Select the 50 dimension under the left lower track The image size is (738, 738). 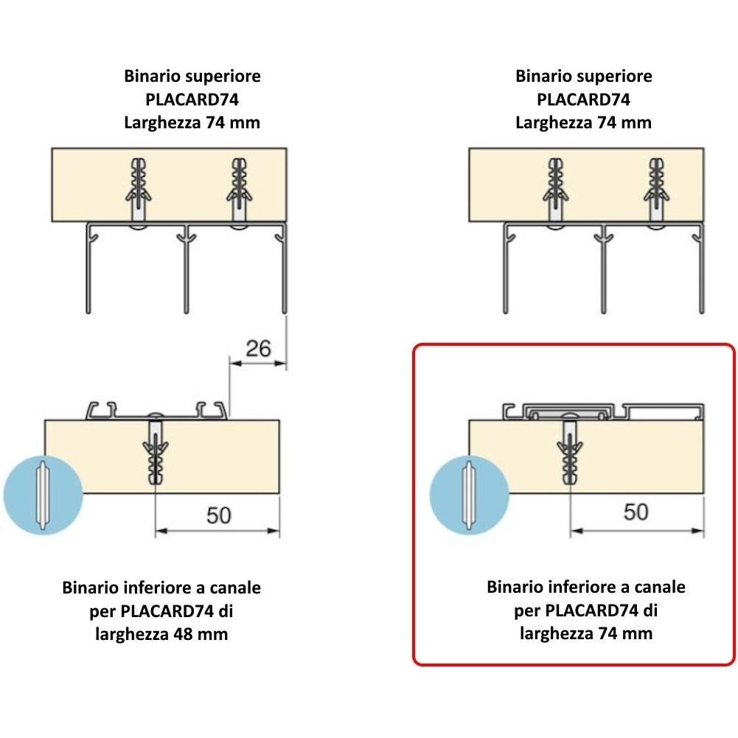pyautogui.click(x=218, y=515)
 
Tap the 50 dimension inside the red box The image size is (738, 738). pyautogui.click(x=636, y=511)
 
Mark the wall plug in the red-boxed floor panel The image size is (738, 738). pyautogui.click(x=570, y=451)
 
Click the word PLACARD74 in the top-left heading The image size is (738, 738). pyautogui.click(x=192, y=99)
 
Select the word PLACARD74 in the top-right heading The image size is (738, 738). pyautogui.click(x=583, y=99)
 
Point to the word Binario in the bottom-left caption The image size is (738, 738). pyautogui.click(x=91, y=588)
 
